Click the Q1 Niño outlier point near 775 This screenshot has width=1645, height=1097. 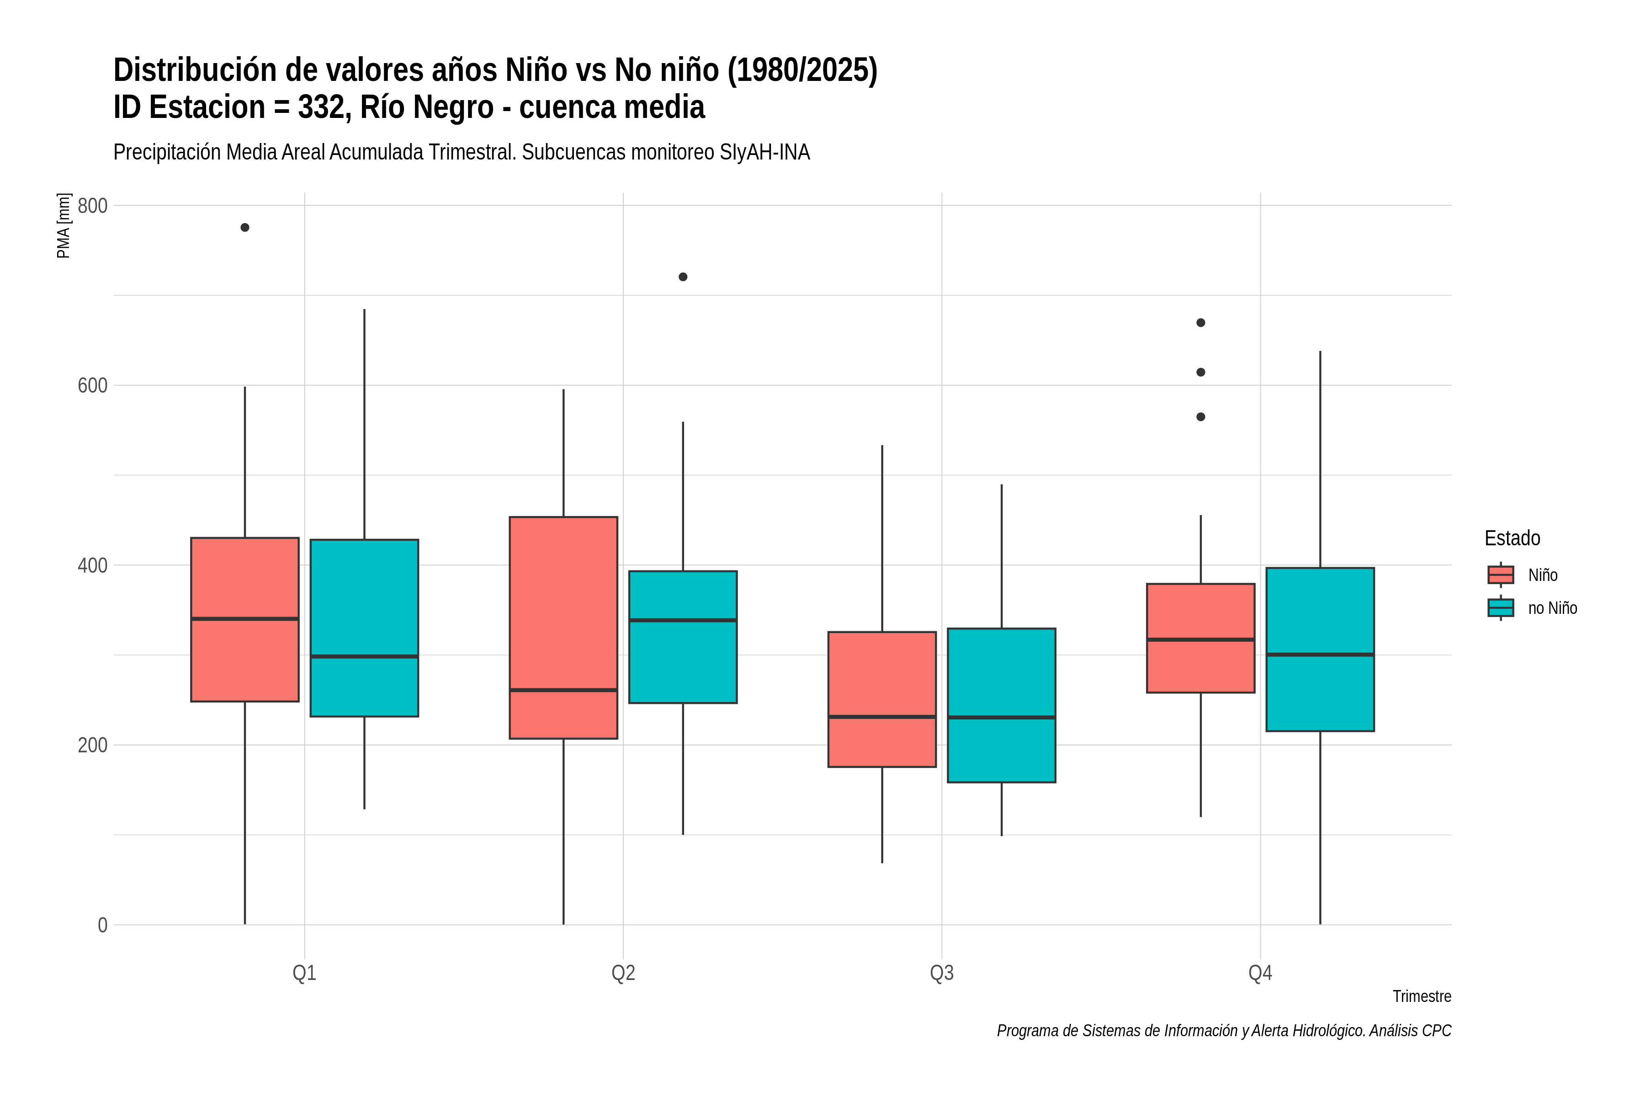pos(245,227)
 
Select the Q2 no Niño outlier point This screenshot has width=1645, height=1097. pos(683,277)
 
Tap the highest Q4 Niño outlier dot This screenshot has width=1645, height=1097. pos(1201,323)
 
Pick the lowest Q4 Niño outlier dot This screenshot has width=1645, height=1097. pos(1201,417)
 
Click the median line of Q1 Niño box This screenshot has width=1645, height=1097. pos(245,618)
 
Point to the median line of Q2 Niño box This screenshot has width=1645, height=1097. pos(564,690)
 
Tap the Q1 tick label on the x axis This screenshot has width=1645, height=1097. pos(304,973)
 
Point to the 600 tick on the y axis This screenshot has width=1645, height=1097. pos(92,385)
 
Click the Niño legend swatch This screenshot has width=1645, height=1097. pos(1501,575)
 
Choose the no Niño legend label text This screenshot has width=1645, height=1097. pos(1553,608)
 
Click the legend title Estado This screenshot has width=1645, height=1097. pos(1512,538)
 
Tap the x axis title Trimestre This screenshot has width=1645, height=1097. pos(1422,996)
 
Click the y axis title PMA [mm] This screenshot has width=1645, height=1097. pos(64,225)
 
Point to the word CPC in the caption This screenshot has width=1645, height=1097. pos(1436,1031)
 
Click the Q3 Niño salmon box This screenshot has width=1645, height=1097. pos(882,700)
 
